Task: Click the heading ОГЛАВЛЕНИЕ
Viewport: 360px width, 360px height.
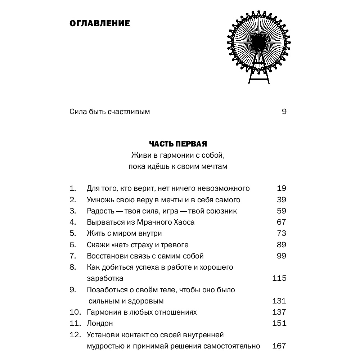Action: coord(99,24)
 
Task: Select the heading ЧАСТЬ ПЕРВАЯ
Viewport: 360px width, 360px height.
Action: coord(178,144)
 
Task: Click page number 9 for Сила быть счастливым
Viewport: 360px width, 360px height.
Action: coord(284,112)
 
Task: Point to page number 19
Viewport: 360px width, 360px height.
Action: coord(282,188)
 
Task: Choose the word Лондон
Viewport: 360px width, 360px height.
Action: coord(100,323)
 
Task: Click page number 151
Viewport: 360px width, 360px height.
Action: coord(279,323)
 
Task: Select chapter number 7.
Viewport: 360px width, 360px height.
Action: coord(73,256)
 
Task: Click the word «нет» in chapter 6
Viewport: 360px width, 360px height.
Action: coord(121,245)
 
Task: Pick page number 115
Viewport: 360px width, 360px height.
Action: coord(279,278)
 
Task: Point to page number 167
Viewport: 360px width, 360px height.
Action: coord(279,346)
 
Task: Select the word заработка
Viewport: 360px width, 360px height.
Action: coord(105,278)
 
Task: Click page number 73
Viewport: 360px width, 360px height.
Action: coord(282,233)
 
